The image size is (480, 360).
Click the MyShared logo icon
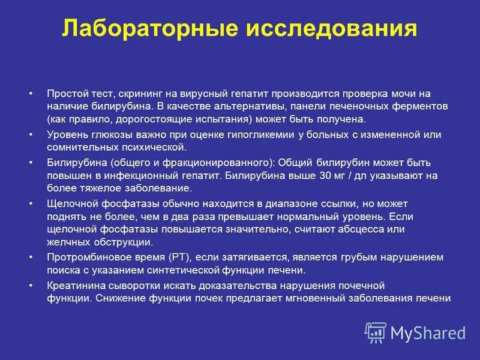[x=376, y=332]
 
